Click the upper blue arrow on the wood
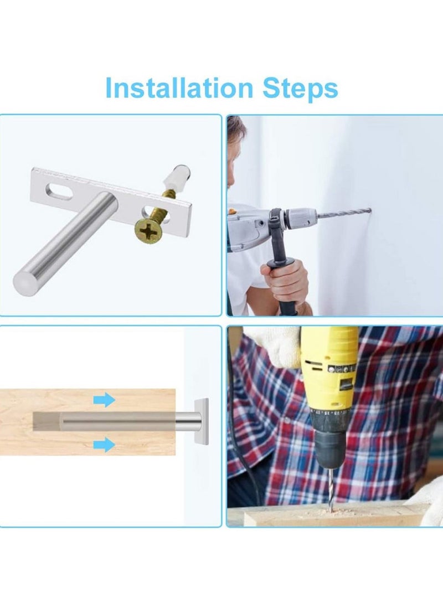(x=104, y=400)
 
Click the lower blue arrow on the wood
(x=104, y=443)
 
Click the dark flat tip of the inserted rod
(x=47, y=422)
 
